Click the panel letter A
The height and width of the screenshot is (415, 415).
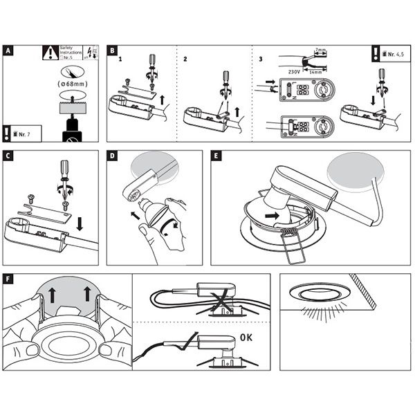pyautogui.click(x=8, y=50)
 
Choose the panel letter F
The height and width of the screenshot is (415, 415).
pyautogui.click(x=8, y=280)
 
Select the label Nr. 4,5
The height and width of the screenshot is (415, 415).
pyautogui.click(x=392, y=52)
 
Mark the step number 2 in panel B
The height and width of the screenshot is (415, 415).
pyautogui.click(x=185, y=59)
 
